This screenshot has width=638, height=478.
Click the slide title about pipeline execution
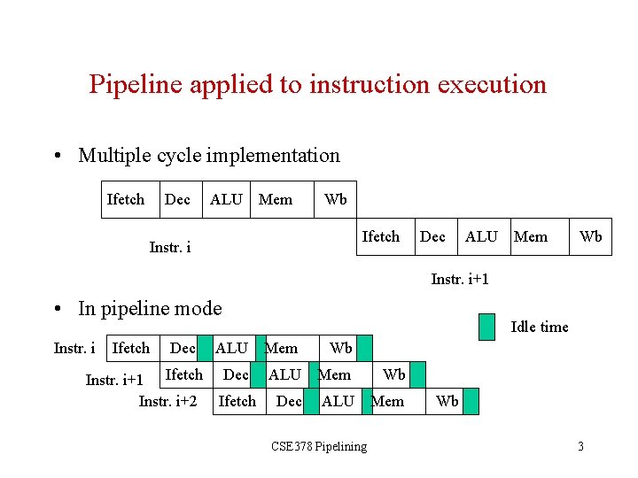(317, 85)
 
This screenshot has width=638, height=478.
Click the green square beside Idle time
(486, 328)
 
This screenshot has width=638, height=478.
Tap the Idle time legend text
(539, 328)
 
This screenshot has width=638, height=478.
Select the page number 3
(580, 446)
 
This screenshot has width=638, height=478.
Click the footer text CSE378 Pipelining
(318, 446)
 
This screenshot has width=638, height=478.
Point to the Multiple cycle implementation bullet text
(208, 156)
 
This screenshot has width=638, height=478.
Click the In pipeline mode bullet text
(150, 308)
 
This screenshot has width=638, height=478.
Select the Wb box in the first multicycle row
(336, 200)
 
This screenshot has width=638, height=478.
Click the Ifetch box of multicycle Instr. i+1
(381, 237)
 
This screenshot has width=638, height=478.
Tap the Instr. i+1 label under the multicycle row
(460, 280)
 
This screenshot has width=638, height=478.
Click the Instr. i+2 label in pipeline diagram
(168, 402)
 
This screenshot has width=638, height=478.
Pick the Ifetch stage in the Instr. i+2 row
(237, 402)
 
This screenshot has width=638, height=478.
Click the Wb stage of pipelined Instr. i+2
(447, 402)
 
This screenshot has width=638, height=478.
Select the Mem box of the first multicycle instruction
(276, 200)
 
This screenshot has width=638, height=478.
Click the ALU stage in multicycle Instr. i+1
(481, 237)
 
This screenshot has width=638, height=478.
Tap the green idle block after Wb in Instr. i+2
(471, 402)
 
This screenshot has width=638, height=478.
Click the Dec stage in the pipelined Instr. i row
(183, 349)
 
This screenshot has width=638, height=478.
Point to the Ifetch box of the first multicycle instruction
(125, 200)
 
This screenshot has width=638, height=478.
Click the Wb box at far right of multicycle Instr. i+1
(590, 237)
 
